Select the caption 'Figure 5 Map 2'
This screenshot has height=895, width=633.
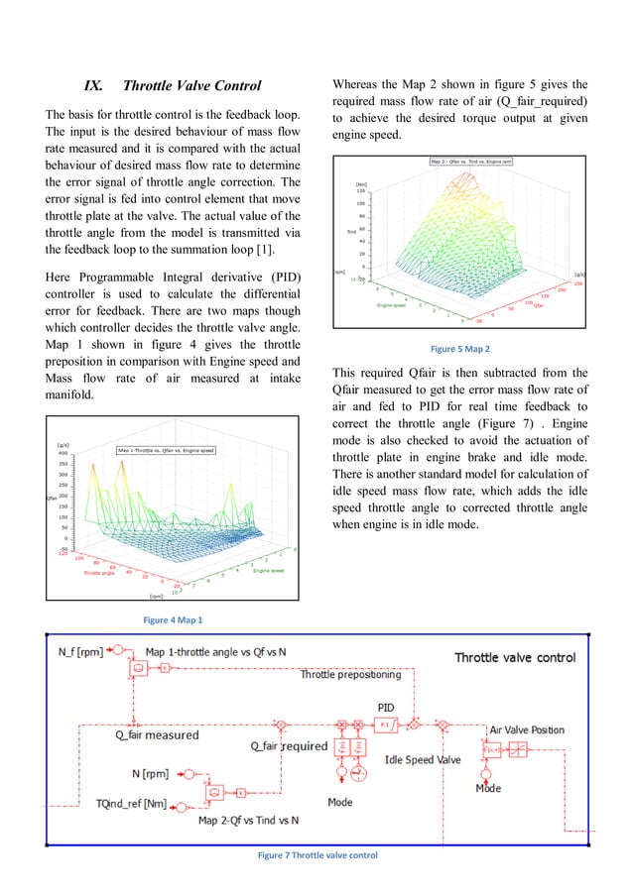point(460,349)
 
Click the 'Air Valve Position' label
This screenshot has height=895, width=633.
point(527,729)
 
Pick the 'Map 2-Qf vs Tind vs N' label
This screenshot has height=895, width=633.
point(249,820)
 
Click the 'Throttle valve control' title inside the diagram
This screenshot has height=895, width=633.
point(514,657)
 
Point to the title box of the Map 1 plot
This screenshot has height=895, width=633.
point(166,450)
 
